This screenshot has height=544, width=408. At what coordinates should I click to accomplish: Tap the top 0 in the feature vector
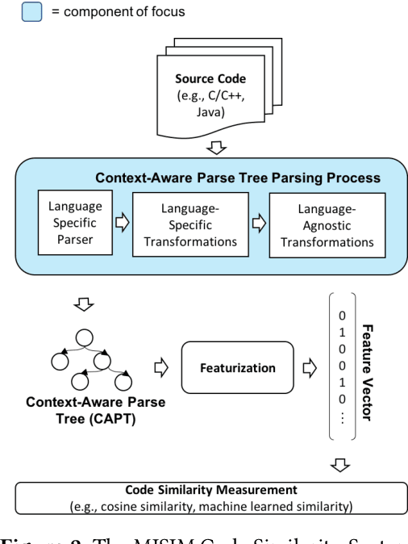pos(343,316)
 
